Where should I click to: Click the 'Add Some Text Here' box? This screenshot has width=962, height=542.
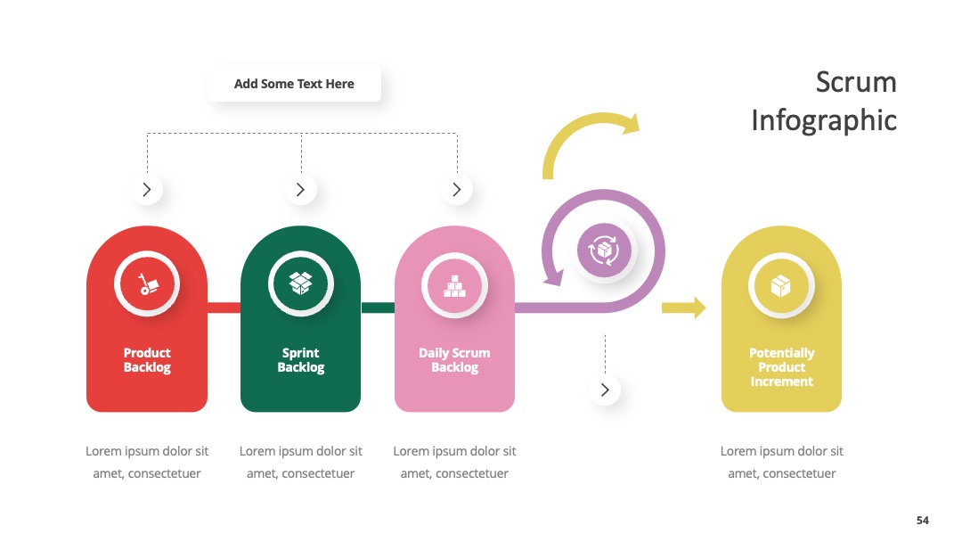294,84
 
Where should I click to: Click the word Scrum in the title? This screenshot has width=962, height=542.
856,82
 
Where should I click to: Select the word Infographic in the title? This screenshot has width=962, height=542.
824,120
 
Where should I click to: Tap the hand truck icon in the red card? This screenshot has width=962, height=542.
147,284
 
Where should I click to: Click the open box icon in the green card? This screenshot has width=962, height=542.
301,283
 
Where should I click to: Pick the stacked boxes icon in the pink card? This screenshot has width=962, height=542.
454,286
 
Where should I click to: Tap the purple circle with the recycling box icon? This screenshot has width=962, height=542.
604,250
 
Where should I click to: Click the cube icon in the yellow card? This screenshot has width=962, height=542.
781,285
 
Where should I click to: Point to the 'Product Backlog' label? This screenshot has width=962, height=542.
147,360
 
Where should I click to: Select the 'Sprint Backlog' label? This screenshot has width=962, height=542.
301,360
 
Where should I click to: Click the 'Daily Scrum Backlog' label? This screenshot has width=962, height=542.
454,360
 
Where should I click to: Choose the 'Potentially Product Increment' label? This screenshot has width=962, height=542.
782,367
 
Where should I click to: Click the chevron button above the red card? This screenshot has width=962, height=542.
147,189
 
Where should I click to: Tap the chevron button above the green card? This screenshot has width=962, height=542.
301,189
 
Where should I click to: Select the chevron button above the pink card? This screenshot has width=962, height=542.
456,189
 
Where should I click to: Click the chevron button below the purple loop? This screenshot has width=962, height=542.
605,390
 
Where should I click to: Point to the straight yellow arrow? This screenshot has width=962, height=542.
683,308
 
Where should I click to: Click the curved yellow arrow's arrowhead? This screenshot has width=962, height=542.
632,123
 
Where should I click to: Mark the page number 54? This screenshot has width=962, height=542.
923,521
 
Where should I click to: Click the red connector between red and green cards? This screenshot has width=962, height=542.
224,308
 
